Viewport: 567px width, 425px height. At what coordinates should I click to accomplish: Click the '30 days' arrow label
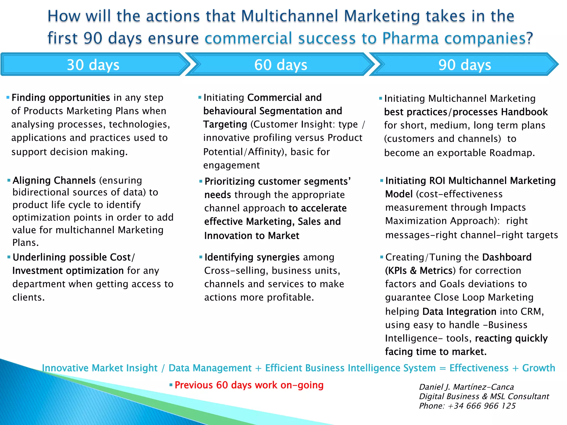(x=93, y=65)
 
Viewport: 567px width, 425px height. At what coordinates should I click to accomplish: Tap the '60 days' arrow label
(x=280, y=65)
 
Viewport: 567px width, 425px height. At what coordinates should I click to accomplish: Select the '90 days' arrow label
(x=465, y=65)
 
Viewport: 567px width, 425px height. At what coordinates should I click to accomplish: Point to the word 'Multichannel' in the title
(x=290, y=16)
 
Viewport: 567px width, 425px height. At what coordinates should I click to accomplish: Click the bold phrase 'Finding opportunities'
(x=61, y=98)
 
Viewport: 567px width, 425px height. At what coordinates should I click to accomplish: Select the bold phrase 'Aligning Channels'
(x=54, y=180)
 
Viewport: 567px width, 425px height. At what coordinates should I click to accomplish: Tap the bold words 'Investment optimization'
(x=68, y=271)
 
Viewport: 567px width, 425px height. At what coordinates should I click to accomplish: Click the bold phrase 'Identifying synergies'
(x=252, y=257)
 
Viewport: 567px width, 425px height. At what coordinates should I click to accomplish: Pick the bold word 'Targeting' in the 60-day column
(x=225, y=125)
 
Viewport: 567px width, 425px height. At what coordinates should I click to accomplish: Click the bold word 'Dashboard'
(x=507, y=257)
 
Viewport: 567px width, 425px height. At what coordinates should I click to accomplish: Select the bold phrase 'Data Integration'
(x=459, y=312)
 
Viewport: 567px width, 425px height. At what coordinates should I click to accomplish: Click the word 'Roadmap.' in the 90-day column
(x=512, y=153)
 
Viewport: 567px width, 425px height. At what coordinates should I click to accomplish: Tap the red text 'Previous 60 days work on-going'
(x=249, y=385)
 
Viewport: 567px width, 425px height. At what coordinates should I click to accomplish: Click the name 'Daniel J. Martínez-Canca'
(x=467, y=387)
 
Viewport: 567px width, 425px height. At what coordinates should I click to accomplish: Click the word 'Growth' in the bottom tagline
(x=538, y=368)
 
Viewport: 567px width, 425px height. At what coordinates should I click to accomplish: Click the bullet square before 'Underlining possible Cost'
(x=9, y=257)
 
